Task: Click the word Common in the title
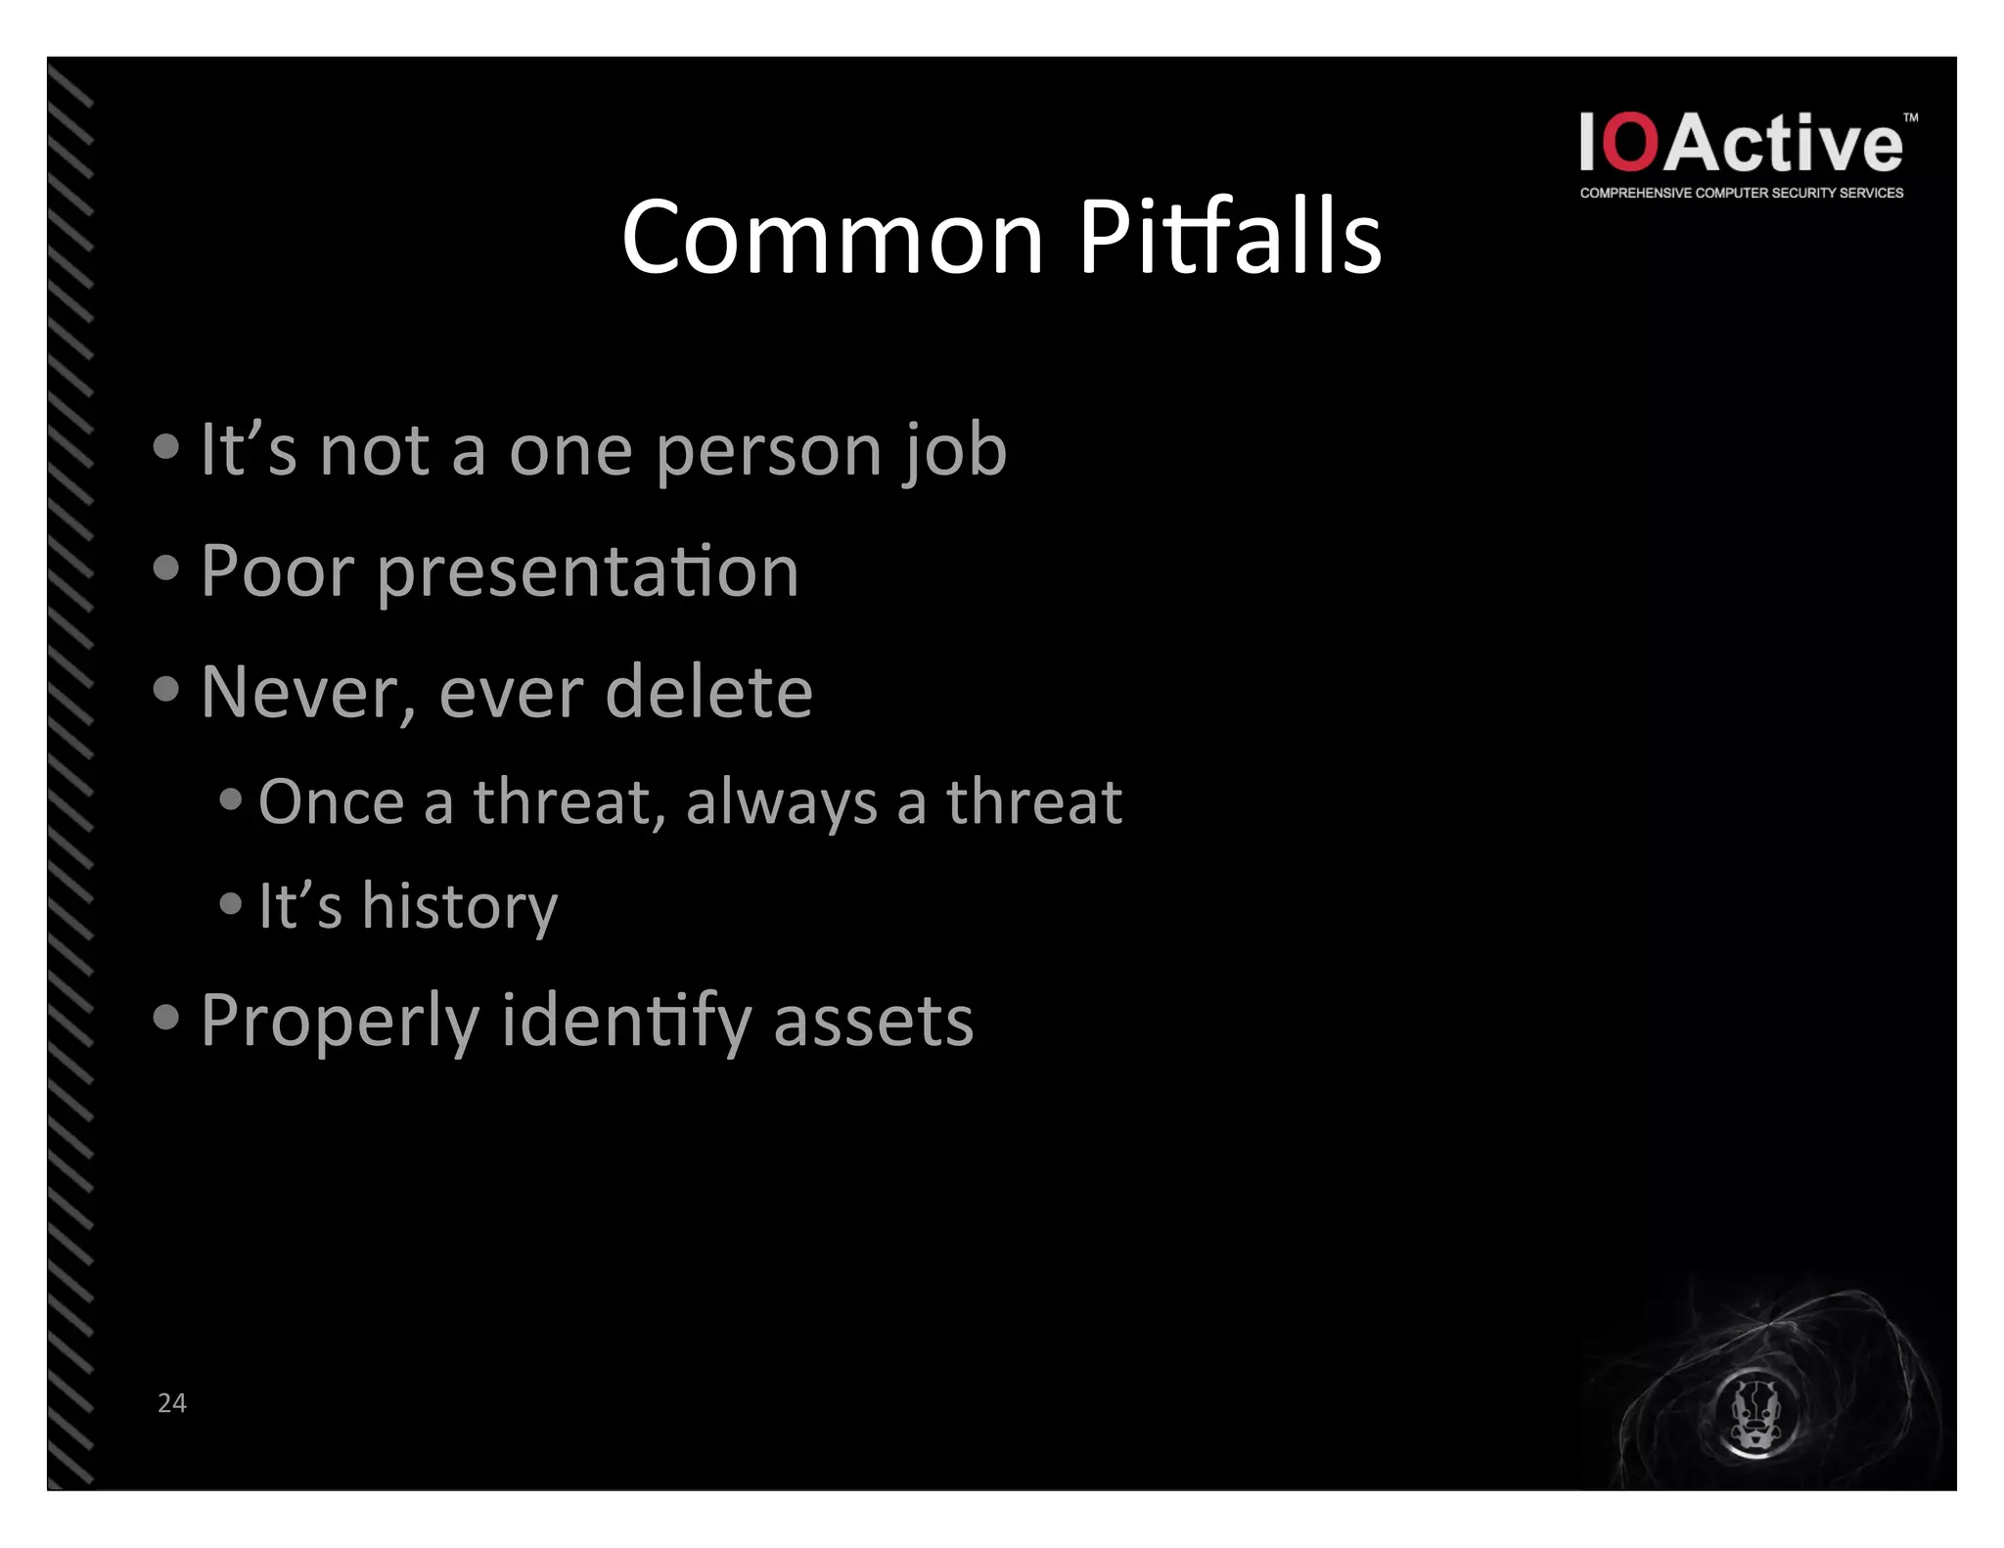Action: point(833,238)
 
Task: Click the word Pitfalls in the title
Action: point(1230,238)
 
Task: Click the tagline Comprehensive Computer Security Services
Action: point(1741,194)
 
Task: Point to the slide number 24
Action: point(172,1402)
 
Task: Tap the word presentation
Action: point(588,572)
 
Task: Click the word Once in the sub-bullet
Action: point(331,802)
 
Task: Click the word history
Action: point(459,907)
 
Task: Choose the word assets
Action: point(873,1021)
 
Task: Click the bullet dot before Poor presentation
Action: point(166,568)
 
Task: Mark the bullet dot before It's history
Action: point(231,902)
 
